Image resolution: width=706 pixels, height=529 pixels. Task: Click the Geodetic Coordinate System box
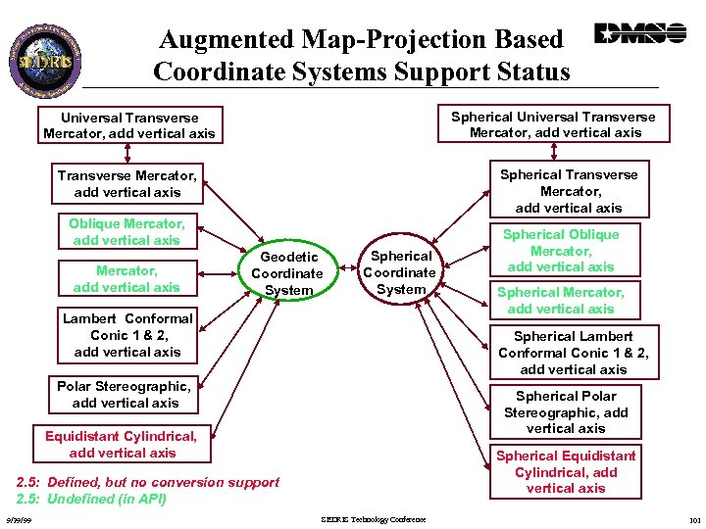click(x=286, y=272)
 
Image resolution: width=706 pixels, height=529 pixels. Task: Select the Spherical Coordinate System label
click(x=399, y=272)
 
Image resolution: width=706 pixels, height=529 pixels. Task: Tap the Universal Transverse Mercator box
click(x=128, y=124)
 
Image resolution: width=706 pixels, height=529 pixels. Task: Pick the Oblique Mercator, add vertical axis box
click(x=126, y=232)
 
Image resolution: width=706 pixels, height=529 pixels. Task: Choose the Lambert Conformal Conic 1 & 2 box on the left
click(x=127, y=335)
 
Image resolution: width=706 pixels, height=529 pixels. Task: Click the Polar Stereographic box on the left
click(x=125, y=394)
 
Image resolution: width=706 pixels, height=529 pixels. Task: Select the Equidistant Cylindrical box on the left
click(x=122, y=444)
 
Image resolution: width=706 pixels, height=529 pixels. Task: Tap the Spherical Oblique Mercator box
click(x=561, y=251)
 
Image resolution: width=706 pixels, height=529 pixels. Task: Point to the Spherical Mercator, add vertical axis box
click(x=560, y=300)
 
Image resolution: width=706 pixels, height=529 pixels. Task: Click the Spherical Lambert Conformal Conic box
click(x=573, y=353)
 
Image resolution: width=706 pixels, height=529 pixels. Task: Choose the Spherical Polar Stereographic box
click(x=566, y=412)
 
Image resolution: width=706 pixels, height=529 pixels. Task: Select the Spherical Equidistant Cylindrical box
click(x=566, y=471)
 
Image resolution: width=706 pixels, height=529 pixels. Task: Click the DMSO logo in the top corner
click(x=639, y=34)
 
